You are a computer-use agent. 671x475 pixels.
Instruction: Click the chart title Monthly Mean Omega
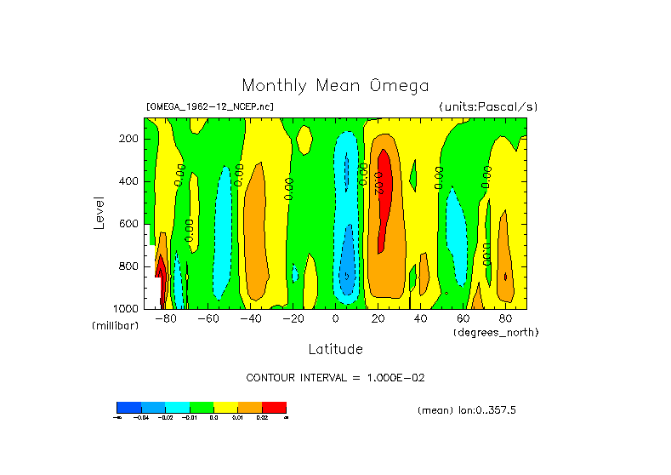pos(335,85)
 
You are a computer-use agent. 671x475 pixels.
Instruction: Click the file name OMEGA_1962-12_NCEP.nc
pos(210,106)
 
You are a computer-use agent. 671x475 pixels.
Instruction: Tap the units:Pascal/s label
pos(488,106)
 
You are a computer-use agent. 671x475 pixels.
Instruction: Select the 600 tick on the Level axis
pos(130,223)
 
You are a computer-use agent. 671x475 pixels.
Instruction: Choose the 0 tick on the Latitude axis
pos(335,318)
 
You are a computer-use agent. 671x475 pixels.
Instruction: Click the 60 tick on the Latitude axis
pos(463,318)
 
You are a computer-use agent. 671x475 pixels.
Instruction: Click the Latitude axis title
pos(335,349)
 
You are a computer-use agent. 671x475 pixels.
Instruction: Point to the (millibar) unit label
pos(115,327)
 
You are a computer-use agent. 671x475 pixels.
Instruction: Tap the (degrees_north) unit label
pos(496,331)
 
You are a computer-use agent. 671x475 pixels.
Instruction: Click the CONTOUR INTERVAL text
pos(335,377)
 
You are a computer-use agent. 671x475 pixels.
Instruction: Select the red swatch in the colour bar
pos(274,407)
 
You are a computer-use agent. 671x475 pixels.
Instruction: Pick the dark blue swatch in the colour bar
pos(128,407)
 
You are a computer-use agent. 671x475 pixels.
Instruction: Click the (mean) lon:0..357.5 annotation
pos(467,409)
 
